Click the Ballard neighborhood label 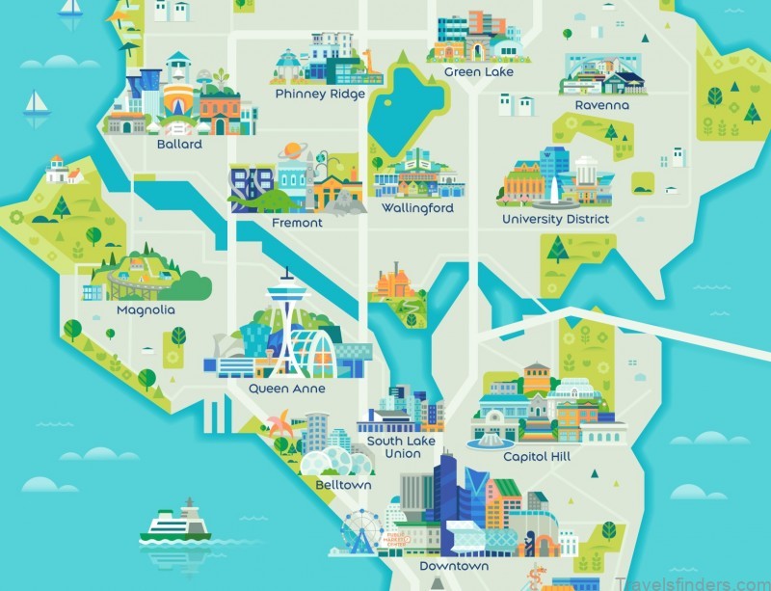tap(179, 145)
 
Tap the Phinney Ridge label tap(319, 94)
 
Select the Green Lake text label tap(478, 72)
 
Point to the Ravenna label tap(601, 104)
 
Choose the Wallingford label tap(417, 208)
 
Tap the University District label tap(555, 219)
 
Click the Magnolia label tap(146, 310)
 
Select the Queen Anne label tap(286, 389)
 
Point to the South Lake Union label tap(400, 447)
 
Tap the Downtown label tap(454, 566)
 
